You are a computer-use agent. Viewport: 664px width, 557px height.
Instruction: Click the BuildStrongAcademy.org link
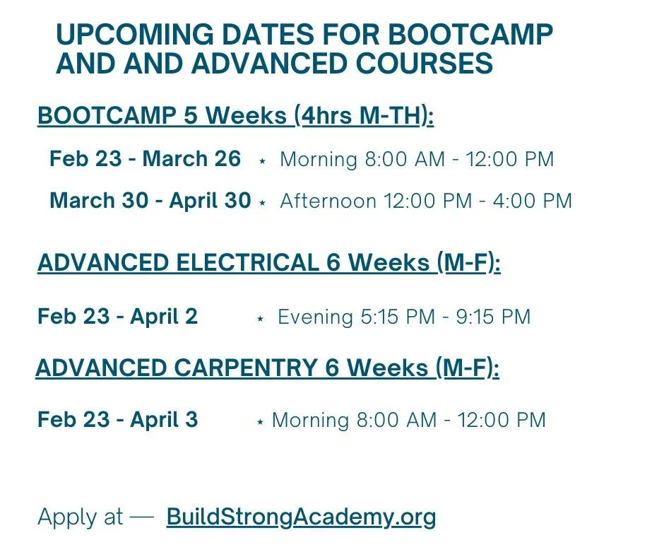(x=301, y=517)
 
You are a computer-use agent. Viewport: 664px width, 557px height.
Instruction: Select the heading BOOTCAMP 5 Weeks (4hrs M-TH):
(x=235, y=116)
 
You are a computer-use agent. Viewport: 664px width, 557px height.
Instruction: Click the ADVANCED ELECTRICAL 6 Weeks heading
(x=268, y=263)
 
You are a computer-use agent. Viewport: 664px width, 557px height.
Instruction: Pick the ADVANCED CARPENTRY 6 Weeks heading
(x=267, y=368)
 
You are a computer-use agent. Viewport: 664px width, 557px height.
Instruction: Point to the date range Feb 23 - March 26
(x=145, y=159)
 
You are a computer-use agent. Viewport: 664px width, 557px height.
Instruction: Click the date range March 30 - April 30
(x=150, y=201)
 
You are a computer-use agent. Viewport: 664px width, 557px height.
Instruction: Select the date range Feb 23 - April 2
(x=117, y=316)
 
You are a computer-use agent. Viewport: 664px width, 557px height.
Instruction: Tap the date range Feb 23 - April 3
(x=117, y=420)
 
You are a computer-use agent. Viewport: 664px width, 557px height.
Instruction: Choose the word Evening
(x=315, y=317)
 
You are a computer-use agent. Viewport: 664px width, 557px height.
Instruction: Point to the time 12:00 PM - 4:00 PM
(x=478, y=201)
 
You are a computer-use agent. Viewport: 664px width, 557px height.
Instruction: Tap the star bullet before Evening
(x=260, y=319)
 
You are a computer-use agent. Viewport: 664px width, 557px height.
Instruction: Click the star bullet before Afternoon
(x=263, y=203)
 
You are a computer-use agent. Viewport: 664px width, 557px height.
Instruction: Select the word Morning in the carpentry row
(x=310, y=421)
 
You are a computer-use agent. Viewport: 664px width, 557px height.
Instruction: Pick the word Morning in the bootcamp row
(x=319, y=159)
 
